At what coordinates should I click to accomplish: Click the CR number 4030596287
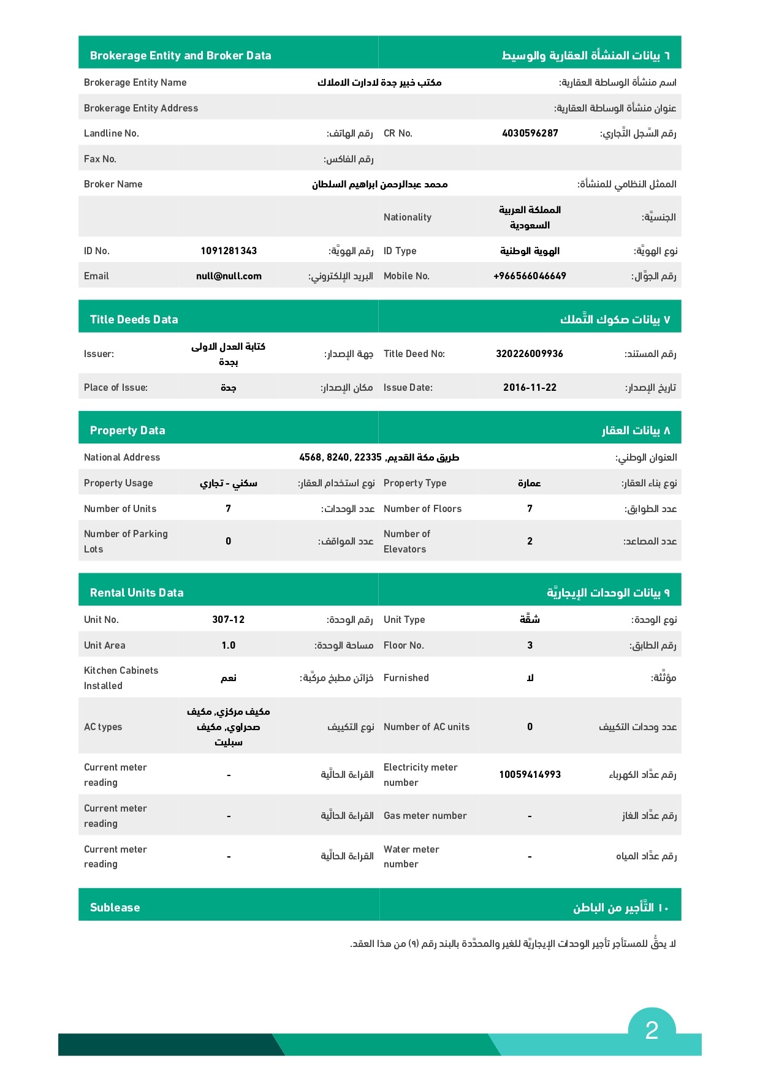[530, 133]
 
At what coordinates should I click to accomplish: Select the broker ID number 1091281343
[229, 251]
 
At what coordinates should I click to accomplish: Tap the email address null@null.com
[229, 276]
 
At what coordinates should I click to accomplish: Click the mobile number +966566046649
[530, 276]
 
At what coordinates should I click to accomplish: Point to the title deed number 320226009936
[530, 353]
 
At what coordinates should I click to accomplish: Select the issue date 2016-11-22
[530, 387]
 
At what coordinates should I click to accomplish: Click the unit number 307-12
[229, 619]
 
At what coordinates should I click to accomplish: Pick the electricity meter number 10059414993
[530, 774]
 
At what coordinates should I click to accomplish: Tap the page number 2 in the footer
[652, 1030]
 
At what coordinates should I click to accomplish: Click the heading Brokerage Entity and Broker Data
[180, 55]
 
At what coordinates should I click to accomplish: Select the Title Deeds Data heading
[134, 319]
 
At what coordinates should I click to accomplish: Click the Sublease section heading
[115, 907]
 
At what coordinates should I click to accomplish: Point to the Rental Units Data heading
[137, 592]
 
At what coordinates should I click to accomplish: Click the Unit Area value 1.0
[229, 645]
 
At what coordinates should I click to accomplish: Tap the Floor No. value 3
[530, 645]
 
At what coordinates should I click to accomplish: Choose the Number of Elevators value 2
[530, 541]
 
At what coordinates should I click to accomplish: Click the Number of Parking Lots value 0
[229, 541]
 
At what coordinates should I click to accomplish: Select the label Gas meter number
[425, 815]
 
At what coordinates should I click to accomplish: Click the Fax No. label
[100, 159]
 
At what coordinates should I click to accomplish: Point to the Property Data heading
[127, 430]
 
